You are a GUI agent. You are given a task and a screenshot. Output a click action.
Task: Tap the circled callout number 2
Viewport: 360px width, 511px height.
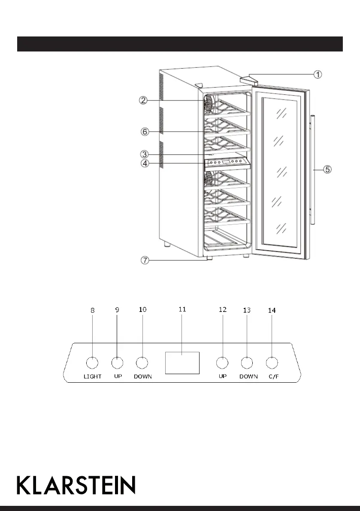[x=143, y=100]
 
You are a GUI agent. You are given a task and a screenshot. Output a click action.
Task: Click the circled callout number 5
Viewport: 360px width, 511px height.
[x=327, y=169]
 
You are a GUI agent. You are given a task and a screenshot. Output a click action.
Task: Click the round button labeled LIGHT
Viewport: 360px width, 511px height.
[x=92, y=363]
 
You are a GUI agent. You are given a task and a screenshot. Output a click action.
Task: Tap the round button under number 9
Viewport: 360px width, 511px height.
[x=117, y=363]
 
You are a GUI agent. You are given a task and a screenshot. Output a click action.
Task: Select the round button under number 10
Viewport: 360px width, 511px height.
[x=142, y=363]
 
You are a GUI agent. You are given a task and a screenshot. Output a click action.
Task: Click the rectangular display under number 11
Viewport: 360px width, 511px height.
[x=182, y=363]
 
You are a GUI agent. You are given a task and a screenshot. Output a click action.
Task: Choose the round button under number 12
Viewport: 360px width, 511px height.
[x=222, y=363]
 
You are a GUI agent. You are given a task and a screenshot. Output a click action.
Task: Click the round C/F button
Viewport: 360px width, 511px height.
[x=272, y=363]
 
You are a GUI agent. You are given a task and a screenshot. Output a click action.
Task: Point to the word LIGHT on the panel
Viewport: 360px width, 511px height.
[x=92, y=377]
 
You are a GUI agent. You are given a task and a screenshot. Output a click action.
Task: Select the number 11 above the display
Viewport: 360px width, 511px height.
[x=182, y=309]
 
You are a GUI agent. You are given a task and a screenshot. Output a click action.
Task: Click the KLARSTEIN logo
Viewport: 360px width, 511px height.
[x=76, y=485]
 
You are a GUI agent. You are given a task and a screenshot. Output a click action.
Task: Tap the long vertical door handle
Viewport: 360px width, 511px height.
[x=312, y=169]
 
